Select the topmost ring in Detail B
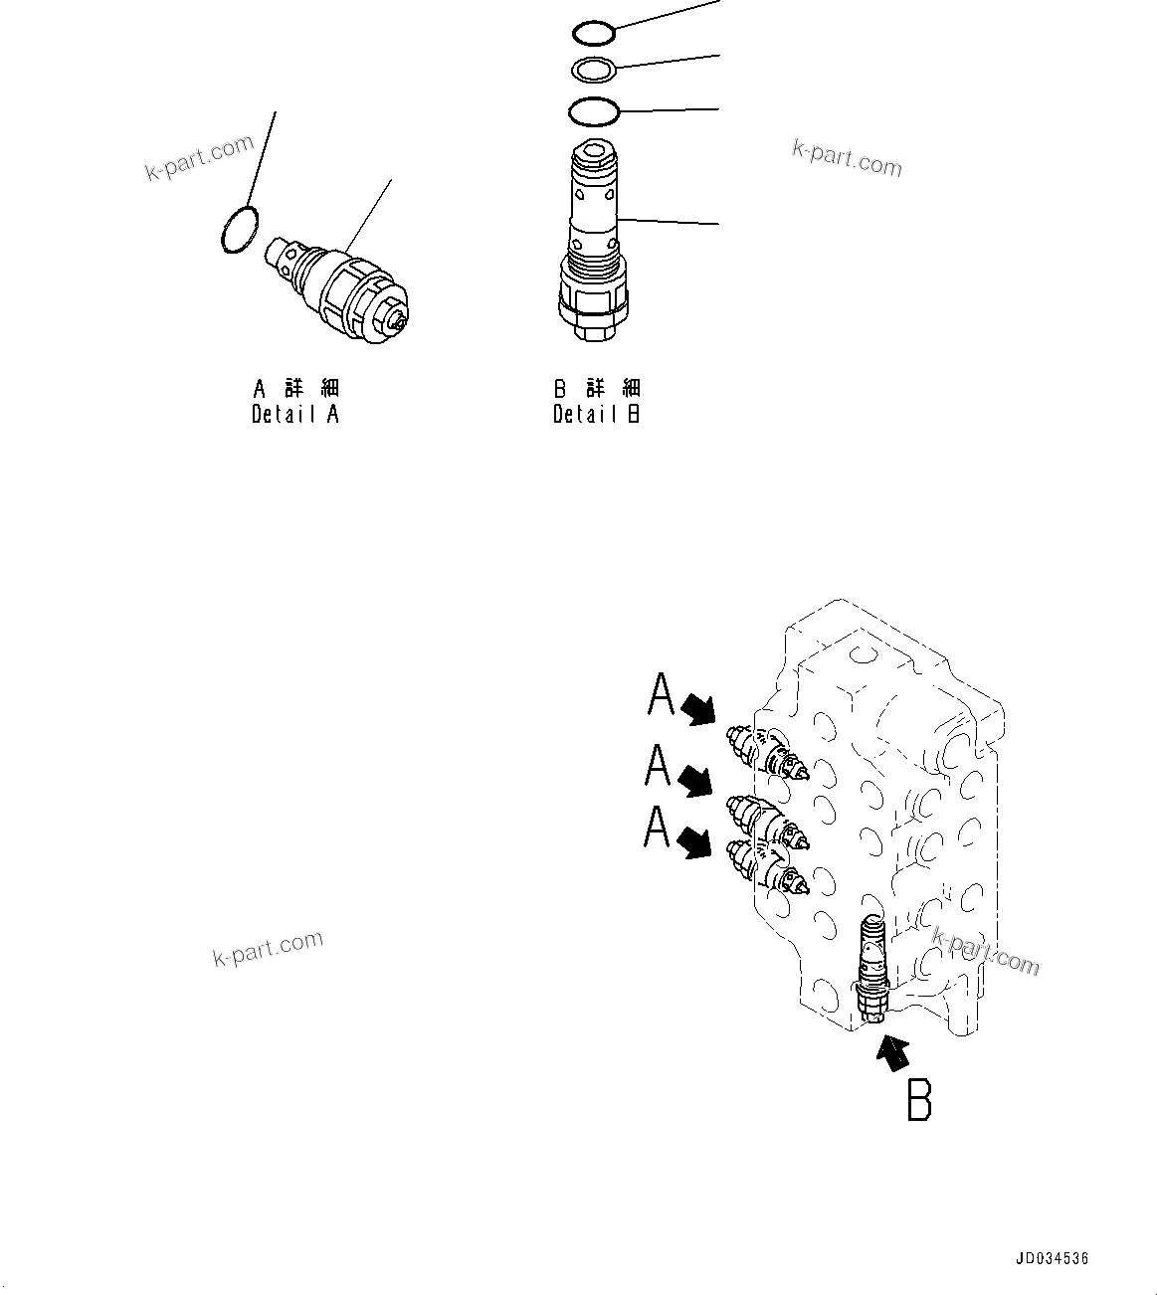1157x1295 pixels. coord(594,33)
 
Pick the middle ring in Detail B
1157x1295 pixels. coord(594,70)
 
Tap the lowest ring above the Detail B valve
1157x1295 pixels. coord(594,110)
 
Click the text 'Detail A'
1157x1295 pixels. coord(295,415)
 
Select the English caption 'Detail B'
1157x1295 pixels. coord(597,415)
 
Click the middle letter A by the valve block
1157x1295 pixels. coord(658,766)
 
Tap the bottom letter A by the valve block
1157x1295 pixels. coord(657,827)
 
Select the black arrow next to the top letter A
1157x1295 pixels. coord(699,708)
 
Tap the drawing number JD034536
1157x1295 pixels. coord(1053,1258)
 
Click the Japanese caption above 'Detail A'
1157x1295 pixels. coord(295,388)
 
